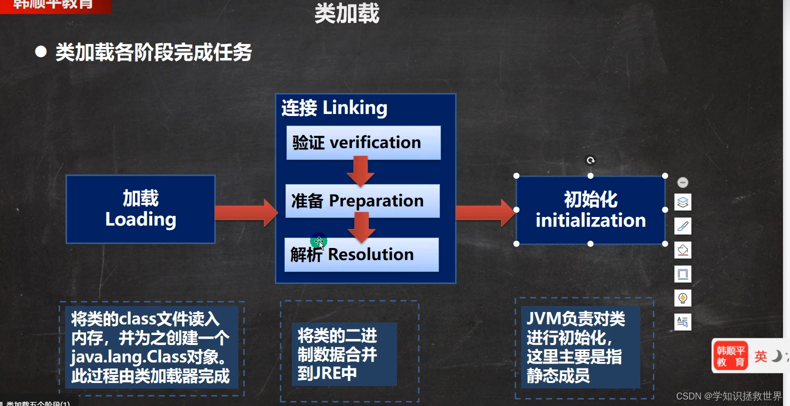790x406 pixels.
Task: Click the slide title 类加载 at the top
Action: click(347, 13)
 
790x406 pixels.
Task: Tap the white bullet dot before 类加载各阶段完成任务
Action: click(41, 51)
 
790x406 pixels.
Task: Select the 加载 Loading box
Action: click(141, 209)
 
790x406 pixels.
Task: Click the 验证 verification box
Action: click(363, 143)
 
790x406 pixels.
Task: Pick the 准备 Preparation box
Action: click(362, 201)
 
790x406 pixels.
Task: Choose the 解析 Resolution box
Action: click(361, 254)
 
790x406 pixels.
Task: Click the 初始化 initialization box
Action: click(590, 210)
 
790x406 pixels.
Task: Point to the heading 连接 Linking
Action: click(334, 108)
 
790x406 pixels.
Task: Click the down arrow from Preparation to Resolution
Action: click(361, 226)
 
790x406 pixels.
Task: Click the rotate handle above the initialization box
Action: click(591, 160)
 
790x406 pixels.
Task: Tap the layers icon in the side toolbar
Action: click(683, 202)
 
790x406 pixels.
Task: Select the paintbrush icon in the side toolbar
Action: click(683, 226)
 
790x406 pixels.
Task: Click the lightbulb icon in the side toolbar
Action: click(683, 298)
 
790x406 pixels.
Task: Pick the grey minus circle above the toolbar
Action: click(683, 182)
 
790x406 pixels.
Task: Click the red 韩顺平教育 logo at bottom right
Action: click(730, 356)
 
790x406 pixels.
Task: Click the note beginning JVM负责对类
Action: click(581, 347)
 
